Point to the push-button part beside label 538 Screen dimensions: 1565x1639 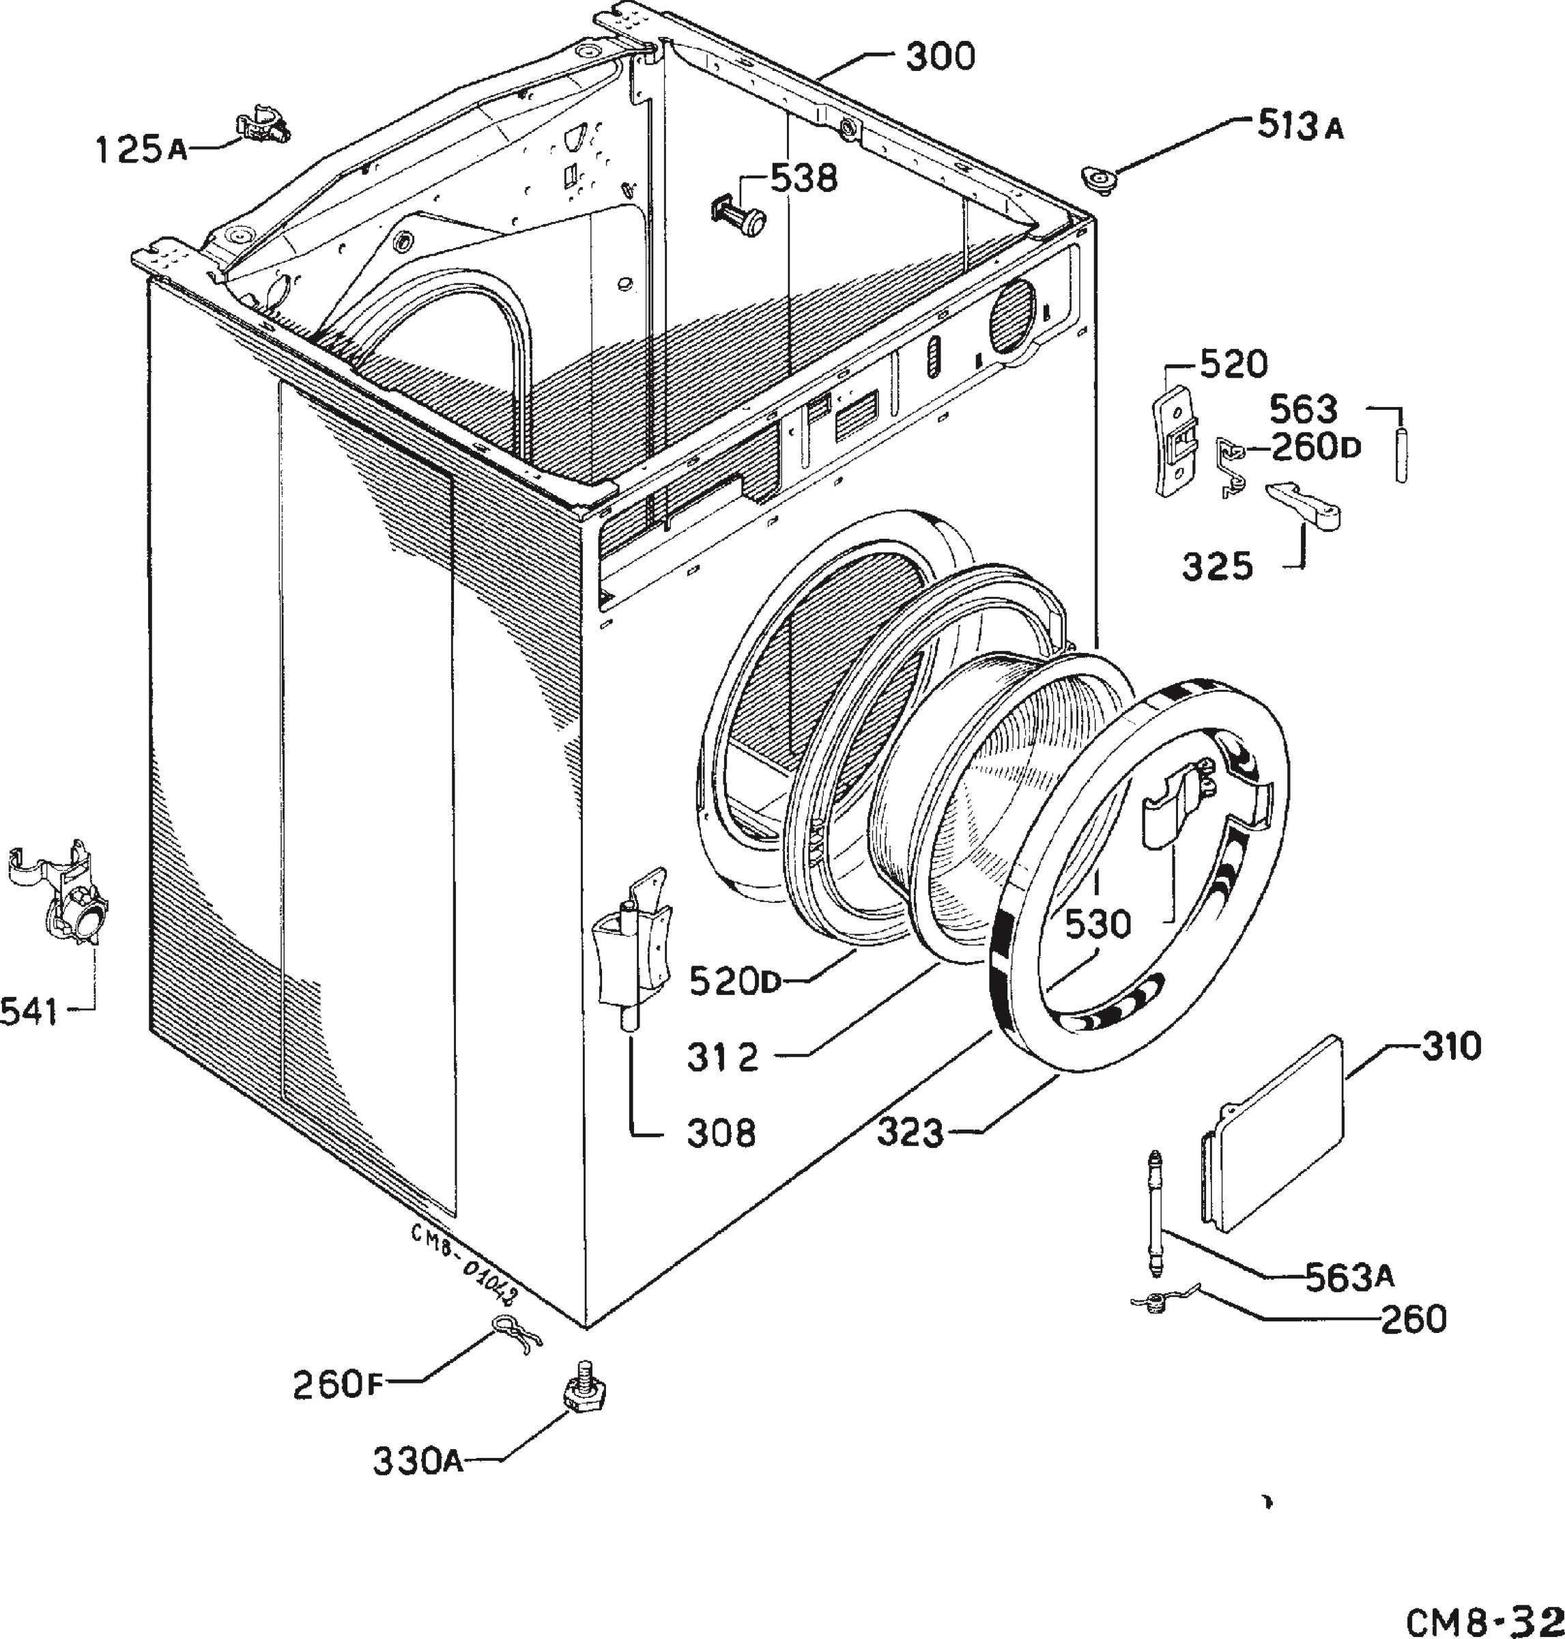click(x=739, y=213)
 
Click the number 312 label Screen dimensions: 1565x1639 click(x=723, y=1057)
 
